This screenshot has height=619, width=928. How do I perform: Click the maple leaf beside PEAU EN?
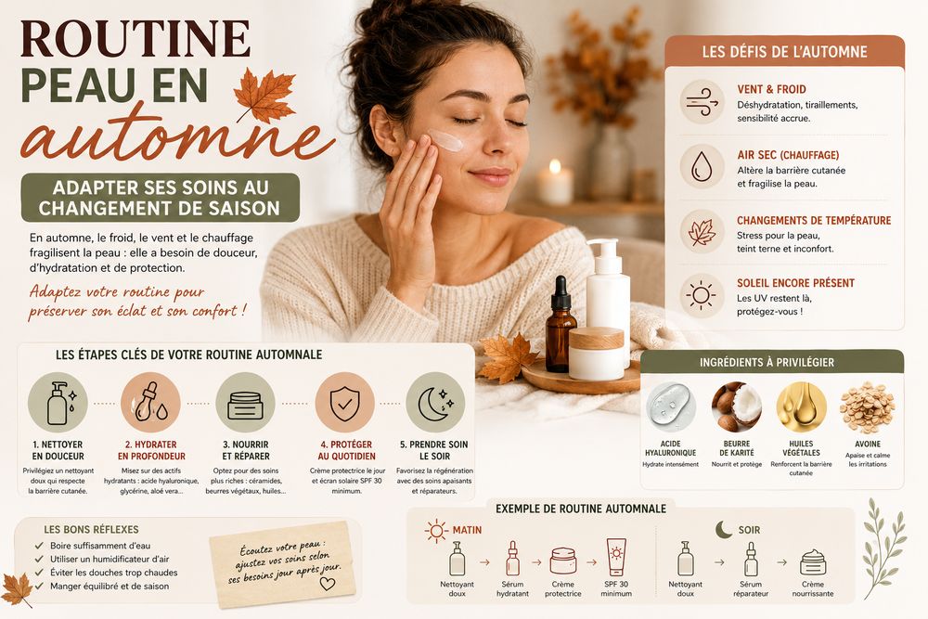point(264,95)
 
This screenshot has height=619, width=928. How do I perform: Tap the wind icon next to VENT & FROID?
point(702,102)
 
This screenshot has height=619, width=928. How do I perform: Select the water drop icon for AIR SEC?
point(702,167)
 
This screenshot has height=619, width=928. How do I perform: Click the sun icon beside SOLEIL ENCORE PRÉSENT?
point(702,295)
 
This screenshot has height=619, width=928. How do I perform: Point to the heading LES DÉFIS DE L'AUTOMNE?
point(784,52)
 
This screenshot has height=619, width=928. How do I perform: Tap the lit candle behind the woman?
point(555,183)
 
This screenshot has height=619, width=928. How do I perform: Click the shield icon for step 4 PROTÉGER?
point(344,404)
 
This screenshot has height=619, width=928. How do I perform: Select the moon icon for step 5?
point(435,404)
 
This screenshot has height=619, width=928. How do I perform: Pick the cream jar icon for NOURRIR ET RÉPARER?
point(245,406)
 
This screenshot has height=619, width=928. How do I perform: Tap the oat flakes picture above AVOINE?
point(867,407)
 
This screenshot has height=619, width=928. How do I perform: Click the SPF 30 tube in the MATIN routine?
point(616,557)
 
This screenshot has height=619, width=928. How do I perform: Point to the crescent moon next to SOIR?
point(723,529)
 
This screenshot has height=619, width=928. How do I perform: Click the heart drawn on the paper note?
point(327,584)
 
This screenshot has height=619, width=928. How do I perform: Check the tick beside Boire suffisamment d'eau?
point(39,546)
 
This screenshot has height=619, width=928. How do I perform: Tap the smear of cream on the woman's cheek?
point(446,141)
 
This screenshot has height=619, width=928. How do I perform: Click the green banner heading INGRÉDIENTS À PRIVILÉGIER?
point(767,362)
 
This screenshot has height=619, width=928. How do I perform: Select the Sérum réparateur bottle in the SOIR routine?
point(751,560)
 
